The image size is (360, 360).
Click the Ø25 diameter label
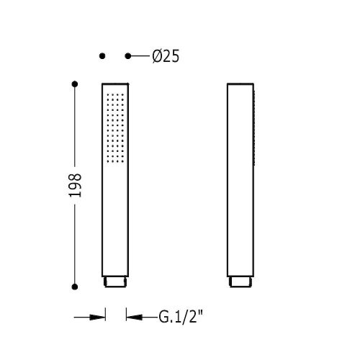click(166, 57)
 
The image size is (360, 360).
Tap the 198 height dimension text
click(76, 185)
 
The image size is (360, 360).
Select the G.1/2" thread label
click(181, 317)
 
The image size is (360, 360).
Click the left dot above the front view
click(102, 56)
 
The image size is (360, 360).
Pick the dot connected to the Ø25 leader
click(128, 56)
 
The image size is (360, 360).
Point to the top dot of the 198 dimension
click(75, 84)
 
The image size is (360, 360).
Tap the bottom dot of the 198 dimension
click(75, 287)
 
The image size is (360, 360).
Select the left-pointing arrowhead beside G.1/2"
click(135, 318)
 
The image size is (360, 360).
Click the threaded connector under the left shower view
click(115, 282)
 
